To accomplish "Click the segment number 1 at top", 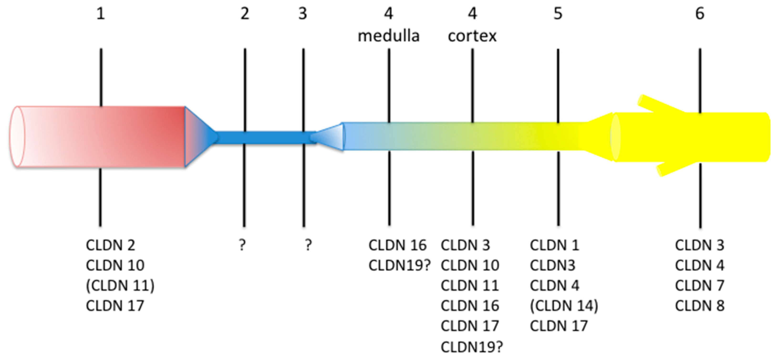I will (101, 14).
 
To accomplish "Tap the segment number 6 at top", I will (700, 14).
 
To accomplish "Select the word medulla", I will (389, 36).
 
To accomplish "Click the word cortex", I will (472, 36).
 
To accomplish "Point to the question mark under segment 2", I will (242, 245).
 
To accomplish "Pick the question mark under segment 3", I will (308, 245).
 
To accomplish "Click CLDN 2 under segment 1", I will (110, 245).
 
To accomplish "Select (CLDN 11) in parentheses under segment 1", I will (120, 286).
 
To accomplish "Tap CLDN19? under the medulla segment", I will (399, 265).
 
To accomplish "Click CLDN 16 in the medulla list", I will (397, 245).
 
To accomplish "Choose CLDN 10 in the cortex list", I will (470, 265).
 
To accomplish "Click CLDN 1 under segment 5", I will (554, 245).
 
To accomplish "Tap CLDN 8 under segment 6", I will (700, 306).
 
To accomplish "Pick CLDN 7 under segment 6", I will (700, 286).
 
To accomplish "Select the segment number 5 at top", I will (558, 14).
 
